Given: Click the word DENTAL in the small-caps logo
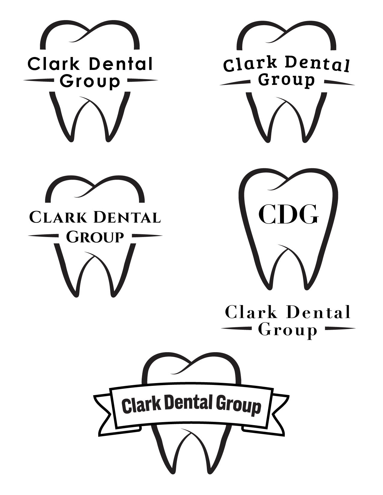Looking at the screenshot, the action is coord(128,217).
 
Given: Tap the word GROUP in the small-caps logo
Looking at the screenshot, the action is coord(95,237).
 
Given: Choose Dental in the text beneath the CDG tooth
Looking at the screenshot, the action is coord(318,313).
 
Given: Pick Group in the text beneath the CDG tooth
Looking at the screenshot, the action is coord(288,331).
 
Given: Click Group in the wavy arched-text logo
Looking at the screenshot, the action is coord(287,80).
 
